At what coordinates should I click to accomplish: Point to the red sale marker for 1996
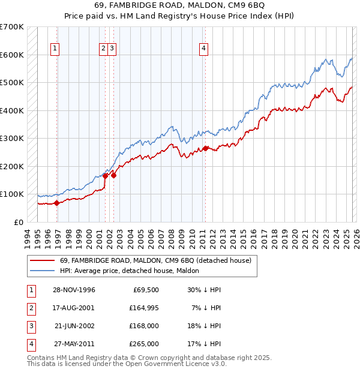click(57, 203)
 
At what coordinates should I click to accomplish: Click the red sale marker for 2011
click(205, 148)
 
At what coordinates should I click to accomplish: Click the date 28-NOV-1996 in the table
click(74, 290)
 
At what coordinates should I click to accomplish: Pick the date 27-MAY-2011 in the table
click(74, 344)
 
